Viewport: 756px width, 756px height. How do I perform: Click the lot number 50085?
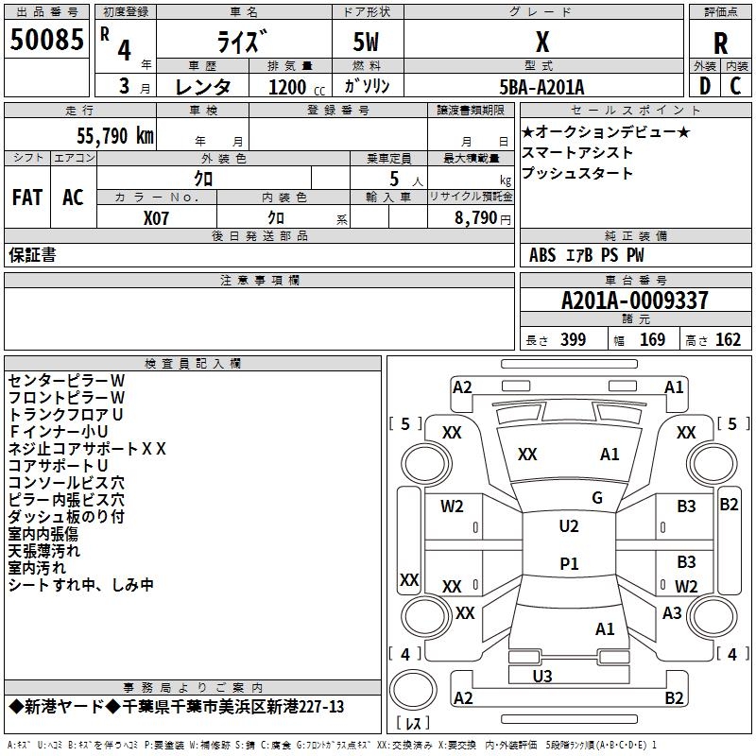[46, 40]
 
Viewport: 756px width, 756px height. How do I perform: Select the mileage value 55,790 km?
[115, 136]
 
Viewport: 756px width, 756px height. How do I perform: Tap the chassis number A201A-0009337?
[635, 301]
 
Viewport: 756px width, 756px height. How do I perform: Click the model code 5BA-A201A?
[541, 87]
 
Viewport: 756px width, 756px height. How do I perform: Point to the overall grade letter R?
[720, 43]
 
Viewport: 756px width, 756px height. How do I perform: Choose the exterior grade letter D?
[705, 86]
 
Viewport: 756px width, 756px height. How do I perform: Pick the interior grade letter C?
[735, 86]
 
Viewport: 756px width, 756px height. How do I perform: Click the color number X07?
[156, 218]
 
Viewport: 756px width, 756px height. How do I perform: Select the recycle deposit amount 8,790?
[475, 217]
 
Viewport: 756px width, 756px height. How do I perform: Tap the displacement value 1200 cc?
[297, 87]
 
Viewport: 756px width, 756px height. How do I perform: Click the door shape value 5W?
[366, 42]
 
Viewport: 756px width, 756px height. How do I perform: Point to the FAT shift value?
[27, 198]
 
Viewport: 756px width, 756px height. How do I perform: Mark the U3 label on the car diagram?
[542, 676]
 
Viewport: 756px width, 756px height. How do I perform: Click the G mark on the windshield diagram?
[597, 498]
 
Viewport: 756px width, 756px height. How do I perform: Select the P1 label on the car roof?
[569, 563]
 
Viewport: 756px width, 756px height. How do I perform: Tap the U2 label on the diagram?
[569, 526]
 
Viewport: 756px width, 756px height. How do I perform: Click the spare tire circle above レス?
[413, 689]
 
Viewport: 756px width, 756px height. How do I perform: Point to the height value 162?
[728, 339]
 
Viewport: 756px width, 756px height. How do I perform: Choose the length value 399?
[574, 339]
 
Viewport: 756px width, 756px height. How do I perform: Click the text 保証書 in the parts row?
[32, 255]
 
